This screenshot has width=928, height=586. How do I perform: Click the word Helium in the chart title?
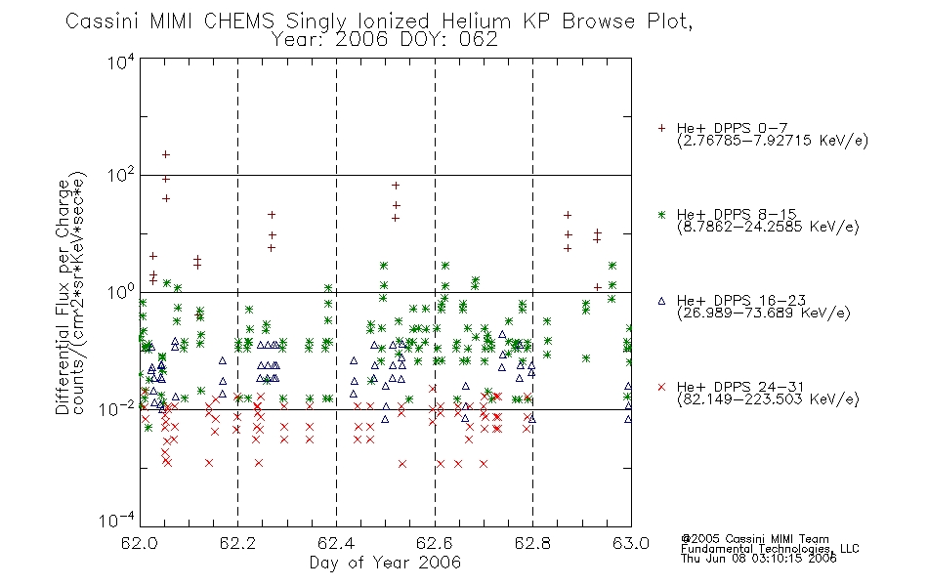476,21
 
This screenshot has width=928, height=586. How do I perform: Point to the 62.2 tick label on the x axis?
237,543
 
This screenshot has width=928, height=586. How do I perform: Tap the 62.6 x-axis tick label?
435,543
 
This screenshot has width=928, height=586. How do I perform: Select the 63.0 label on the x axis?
631,543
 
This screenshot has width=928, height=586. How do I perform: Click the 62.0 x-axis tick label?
139,543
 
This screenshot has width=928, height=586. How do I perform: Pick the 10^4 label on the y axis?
121,62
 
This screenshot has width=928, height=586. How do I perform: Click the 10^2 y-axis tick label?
121,176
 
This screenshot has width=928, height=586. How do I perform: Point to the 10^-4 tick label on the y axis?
117,521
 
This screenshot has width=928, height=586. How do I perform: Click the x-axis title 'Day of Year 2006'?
385,563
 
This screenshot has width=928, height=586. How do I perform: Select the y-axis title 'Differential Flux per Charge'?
63,297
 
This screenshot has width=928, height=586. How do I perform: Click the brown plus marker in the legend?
661,128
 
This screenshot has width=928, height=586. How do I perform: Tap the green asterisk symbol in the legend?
661,214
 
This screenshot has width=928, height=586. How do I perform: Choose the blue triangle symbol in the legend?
661,301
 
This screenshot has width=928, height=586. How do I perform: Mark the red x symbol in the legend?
661,387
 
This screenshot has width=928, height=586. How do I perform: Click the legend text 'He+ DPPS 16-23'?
741,300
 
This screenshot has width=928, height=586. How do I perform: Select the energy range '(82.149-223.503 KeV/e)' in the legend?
768,399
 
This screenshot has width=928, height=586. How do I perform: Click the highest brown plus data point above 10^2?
166,154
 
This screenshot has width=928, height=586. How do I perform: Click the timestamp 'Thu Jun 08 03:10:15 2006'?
759,559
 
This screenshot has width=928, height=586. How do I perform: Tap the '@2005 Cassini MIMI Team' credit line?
754,539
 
